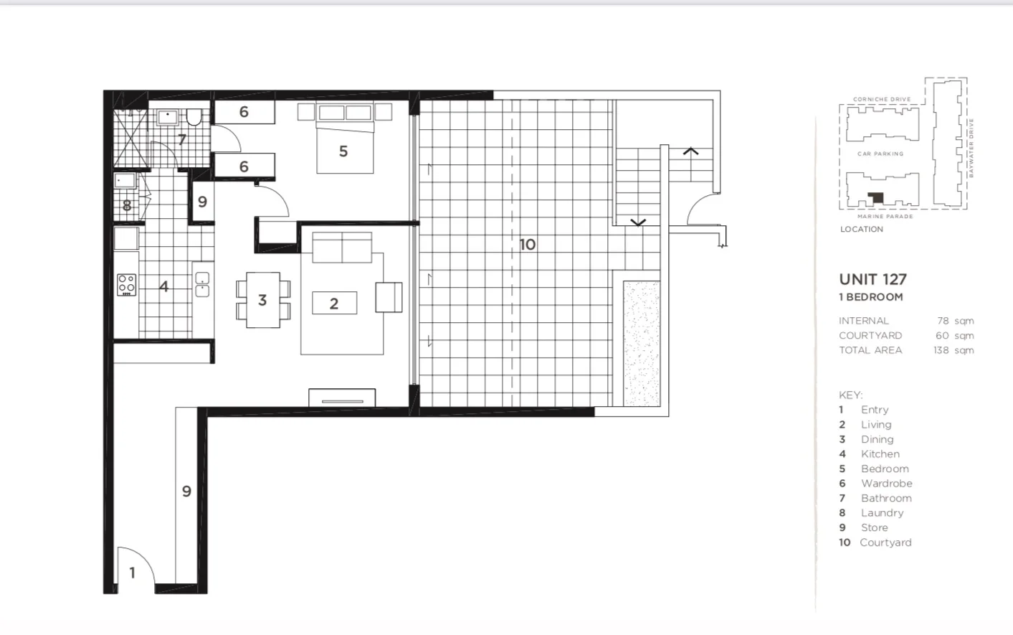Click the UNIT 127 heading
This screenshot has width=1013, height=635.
[x=872, y=279]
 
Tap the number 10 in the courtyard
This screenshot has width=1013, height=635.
[x=528, y=245]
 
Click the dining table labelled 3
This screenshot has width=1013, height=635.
[x=262, y=300]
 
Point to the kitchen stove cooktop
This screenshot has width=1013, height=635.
[x=126, y=285]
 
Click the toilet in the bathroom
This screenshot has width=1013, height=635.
[x=194, y=116]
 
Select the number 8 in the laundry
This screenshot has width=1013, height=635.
[x=127, y=206]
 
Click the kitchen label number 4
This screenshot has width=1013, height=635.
[x=163, y=286]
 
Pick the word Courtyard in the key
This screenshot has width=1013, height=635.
[x=885, y=542]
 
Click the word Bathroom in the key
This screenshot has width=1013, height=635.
[x=886, y=498]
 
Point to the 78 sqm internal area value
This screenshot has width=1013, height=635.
[x=954, y=321]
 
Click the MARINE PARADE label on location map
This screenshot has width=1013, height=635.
[x=885, y=216]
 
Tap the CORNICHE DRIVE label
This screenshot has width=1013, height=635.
[x=882, y=99]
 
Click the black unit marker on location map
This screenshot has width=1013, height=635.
[x=875, y=197]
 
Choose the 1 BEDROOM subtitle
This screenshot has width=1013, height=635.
[x=871, y=297]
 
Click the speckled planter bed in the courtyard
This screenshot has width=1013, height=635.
[x=641, y=343]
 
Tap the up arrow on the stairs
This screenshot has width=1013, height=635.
[x=690, y=152]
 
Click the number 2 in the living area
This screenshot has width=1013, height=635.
[x=334, y=304]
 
